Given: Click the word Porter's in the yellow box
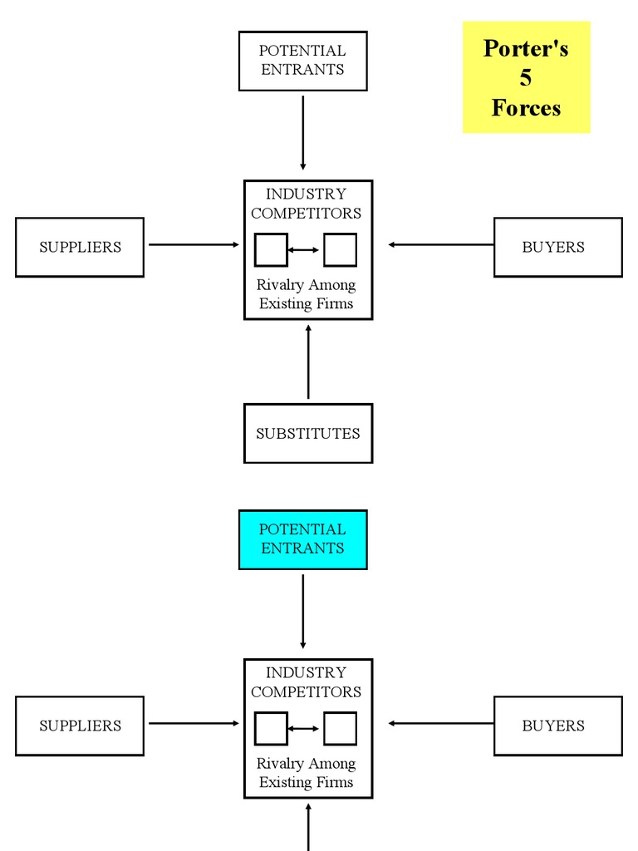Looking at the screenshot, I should click(526, 48).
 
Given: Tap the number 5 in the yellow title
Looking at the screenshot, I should click(526, 78).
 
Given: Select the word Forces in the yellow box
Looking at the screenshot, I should click(526, 108).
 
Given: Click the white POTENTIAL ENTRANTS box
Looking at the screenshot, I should click(302, 61).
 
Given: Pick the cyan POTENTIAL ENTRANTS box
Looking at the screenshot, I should click(302, 539).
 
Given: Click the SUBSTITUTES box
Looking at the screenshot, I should click(307, 433).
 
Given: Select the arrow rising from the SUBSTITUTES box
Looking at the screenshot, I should click(308, 362).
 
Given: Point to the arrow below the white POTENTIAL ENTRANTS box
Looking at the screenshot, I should click(302, 133).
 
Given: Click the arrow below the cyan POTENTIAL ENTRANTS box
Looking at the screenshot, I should click(302, 612).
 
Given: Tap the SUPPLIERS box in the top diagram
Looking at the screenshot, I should click(80, 247).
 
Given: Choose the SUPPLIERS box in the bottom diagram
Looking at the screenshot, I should click(80, 726).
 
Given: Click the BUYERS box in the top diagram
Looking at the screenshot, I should click(557, 247).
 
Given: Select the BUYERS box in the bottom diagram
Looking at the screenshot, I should click(557, 726).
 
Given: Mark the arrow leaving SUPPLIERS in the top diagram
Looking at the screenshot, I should click(194, 244).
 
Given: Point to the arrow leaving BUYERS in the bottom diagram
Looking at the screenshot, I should click(440, 723).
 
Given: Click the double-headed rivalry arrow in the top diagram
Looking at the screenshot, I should click(304, 250).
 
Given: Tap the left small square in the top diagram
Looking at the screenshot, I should click(271, 250).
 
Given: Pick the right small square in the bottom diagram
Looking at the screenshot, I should click(340, 729).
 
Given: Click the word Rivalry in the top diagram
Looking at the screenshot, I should click(281, 285).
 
